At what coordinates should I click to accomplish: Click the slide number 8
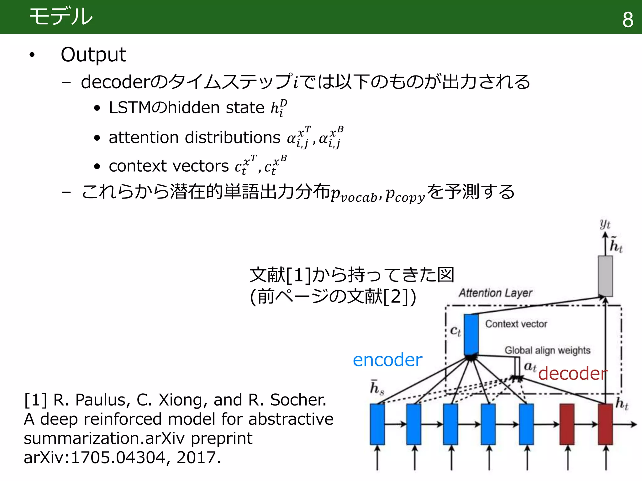tap(628, 20)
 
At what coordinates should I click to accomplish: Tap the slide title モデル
tap(61, 16)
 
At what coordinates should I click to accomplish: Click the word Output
tap(93, 54)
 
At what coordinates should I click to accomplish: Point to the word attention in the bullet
tap(145, 137)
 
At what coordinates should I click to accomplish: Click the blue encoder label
tap(387, 360)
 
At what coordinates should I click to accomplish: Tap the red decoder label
tap(572, 373)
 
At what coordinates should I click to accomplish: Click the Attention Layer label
tap(496, 293)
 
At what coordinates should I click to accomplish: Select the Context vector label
tap(516, 324)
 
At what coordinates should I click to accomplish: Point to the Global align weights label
tap(547, 350)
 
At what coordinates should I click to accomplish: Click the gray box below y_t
tap(605, 276)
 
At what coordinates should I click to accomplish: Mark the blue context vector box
tap(471, 334)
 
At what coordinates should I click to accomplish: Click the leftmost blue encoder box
tap(377, 424)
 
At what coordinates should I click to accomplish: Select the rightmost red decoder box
tap(605, 424)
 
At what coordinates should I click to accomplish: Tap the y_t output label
tap(605, 224)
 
